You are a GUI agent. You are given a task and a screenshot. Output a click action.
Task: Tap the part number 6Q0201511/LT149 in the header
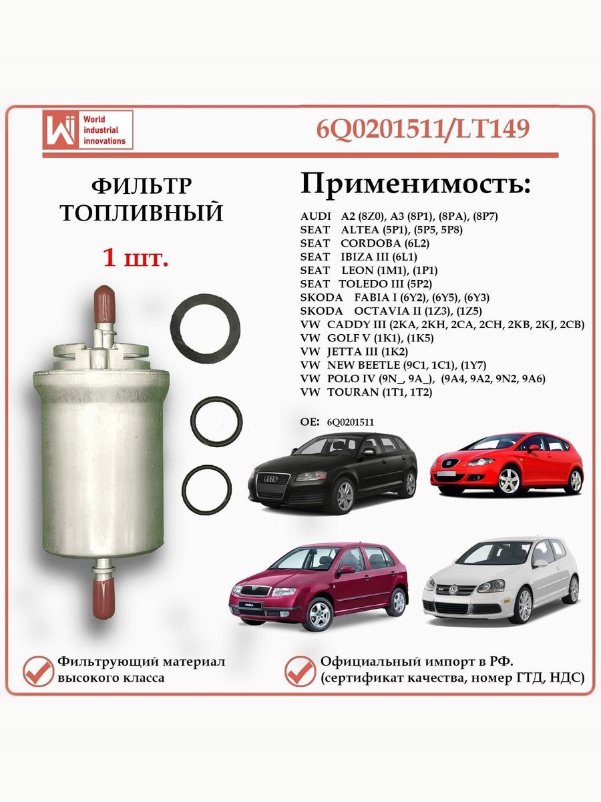coord(422,128)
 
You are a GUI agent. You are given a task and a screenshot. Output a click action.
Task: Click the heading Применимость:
coord(415,183)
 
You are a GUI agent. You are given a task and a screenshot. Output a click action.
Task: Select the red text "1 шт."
coord(136,257)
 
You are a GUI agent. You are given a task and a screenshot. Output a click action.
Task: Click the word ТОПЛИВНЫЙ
coord(141,213)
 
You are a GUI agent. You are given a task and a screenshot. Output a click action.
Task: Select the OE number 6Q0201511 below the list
coord(351,422)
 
